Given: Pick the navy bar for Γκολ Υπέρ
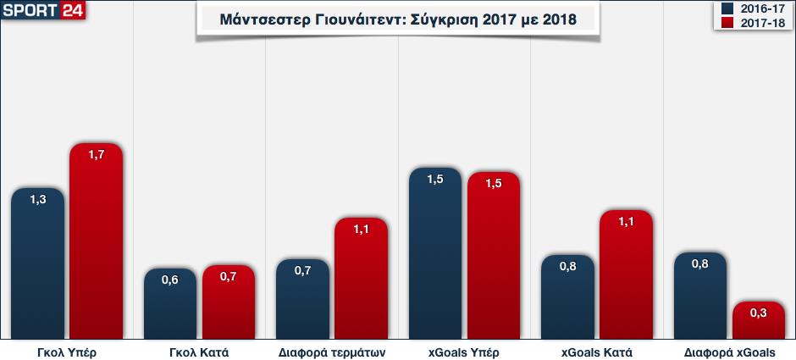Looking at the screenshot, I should point(38,263).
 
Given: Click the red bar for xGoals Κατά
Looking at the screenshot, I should point(626,274).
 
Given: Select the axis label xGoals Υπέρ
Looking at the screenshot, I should point(464,352).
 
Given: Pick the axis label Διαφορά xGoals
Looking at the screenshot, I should point(728,352).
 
